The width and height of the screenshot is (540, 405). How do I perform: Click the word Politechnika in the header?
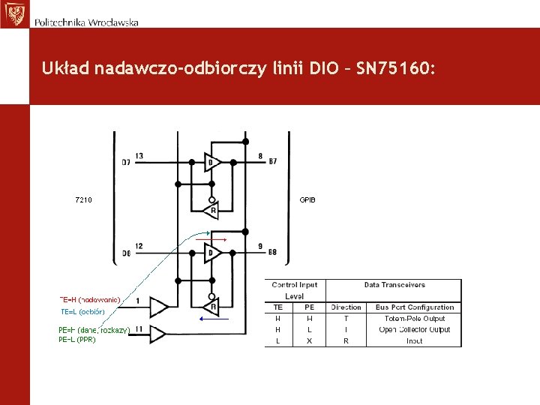[60, 22]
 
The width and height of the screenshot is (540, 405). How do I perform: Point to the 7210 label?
[84, 200]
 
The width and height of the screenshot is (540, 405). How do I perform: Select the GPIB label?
[307, 200]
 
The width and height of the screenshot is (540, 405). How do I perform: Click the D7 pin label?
[126, 162]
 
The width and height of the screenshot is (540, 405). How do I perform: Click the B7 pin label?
[272, 161]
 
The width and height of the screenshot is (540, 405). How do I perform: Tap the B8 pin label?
[272, 252]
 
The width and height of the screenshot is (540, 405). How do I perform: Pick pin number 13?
[139, 156]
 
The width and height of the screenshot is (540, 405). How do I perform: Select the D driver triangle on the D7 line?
[212, 162]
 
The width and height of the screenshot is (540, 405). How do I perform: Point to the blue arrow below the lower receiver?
[213, 318]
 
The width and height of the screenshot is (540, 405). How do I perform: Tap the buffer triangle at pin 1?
[158, 307]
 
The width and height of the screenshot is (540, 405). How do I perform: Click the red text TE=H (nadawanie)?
[90, 299]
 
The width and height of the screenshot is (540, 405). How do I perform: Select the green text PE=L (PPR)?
[77, 339]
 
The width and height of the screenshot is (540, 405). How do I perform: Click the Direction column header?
[346, 307]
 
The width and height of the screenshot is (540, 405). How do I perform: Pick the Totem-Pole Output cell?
[415, 319]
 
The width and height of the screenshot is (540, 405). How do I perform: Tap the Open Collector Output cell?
[415, 329]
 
